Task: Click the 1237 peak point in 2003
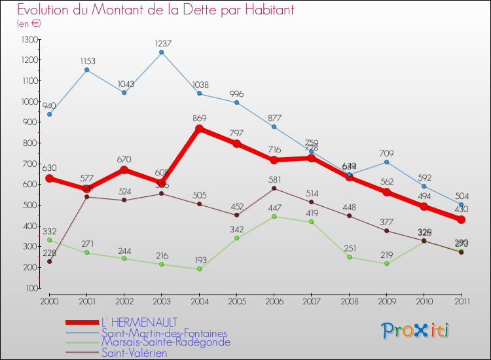tap(162, 52)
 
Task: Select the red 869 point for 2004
tap(199, 128)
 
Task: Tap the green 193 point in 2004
tap(199, 268)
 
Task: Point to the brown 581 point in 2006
tap(274, 189)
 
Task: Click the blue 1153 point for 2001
tap(87, 69)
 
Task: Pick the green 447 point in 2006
tap(274, 216)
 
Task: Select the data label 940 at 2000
tap(50, 106)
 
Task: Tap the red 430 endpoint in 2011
tap(461, 220)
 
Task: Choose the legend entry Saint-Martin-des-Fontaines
tap(164, 333)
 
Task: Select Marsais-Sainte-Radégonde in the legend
tap(166, 342)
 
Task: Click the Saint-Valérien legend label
tap(134, 353)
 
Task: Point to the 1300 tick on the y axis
tap(29, 39)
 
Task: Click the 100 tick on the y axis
tap(31, 288)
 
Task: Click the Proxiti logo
tap(416, 331)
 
